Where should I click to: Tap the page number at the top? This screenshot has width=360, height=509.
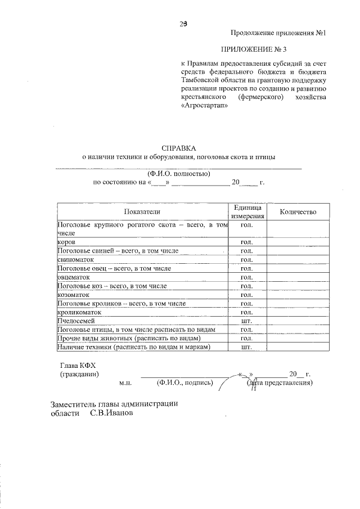pos(183,24)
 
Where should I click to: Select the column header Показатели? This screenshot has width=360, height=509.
pos(142,211)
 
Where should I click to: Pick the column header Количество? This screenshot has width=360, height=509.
pos(298,211)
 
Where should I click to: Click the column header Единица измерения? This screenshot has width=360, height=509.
pos(246,212)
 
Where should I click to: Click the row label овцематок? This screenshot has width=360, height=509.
pos(74,277)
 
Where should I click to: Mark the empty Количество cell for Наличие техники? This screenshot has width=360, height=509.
pos(298,347)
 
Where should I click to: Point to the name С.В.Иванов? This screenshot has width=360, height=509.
pos(112,412)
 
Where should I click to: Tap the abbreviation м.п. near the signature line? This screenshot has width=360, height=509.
pos(125,383)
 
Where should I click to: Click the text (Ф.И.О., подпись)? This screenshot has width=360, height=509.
pos(184,383)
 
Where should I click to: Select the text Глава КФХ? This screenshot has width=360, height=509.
pos(78,364)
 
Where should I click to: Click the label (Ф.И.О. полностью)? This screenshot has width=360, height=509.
pos(179,173)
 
